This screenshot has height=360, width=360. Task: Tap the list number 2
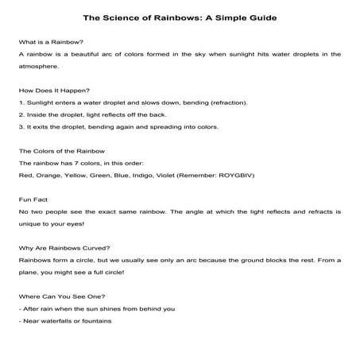click(20, 115)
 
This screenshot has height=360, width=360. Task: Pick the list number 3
click(20, 127)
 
